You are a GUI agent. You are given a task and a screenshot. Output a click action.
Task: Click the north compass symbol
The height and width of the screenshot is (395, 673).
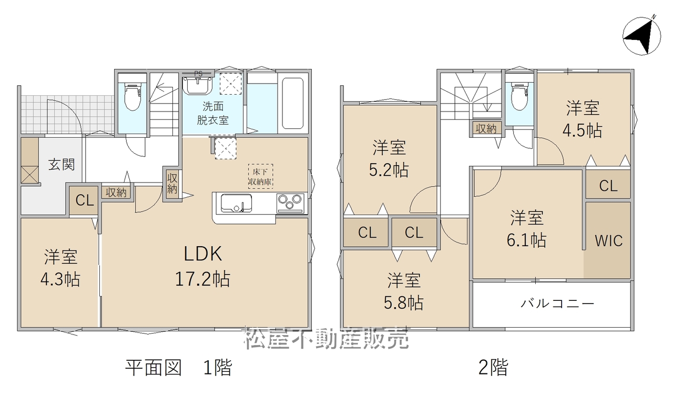642,36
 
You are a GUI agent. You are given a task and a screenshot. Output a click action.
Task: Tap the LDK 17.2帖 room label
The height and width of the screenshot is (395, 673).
202,266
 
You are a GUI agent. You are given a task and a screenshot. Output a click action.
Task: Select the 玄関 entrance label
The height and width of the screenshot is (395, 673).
62,165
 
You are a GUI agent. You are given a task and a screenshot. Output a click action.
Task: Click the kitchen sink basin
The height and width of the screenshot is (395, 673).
236,203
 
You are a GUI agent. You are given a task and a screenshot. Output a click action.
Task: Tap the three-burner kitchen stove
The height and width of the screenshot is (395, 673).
290,203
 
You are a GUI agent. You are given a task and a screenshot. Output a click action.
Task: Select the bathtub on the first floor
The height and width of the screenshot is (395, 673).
292,103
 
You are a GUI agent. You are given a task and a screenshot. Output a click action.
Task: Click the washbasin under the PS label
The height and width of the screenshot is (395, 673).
198,85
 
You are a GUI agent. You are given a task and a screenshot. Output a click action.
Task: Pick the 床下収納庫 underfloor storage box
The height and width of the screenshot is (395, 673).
260,176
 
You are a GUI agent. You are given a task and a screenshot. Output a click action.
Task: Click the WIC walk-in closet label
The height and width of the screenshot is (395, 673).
608,241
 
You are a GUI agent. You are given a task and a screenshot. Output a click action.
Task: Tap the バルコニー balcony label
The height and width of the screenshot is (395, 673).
557,303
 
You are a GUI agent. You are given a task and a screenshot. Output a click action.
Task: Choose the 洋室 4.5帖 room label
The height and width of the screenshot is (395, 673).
583,119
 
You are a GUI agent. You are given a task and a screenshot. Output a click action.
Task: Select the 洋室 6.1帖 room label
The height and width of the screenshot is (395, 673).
527,229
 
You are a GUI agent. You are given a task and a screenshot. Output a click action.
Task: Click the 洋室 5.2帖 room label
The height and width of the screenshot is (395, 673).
389,159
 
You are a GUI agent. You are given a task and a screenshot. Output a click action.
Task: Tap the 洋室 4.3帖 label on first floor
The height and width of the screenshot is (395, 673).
60,268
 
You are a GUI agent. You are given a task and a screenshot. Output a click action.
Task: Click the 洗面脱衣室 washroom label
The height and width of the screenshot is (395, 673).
213,113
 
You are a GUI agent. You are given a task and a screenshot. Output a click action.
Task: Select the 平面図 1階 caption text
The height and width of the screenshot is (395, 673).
179,367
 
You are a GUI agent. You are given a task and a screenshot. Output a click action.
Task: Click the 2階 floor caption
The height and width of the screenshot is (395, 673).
493,367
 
